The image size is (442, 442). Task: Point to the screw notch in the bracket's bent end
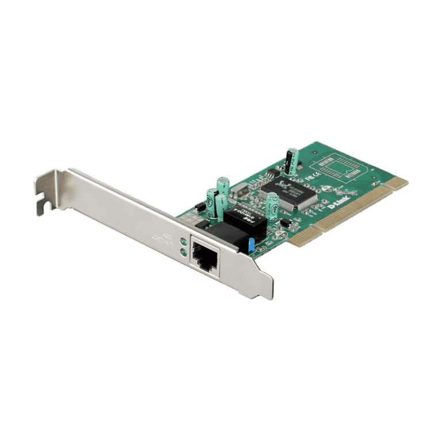pyautogui.click(x=40, y=201)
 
